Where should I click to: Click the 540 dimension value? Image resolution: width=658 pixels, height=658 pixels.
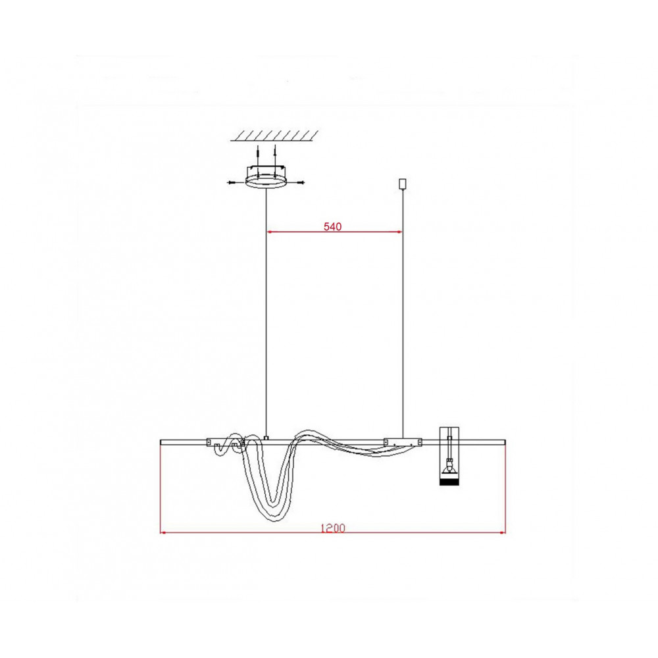click(332, 226)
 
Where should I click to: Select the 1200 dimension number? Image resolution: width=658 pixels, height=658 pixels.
click(333, 528)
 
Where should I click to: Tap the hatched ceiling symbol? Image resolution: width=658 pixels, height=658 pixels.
click(274, 135)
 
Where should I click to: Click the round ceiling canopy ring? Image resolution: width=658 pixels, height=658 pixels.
click(265, 182)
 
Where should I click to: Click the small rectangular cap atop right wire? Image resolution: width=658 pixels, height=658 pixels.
click(403, 184)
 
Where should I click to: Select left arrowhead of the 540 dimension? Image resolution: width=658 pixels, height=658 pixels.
click(270, 231)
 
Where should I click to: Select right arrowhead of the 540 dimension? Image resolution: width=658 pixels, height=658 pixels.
click(399, 231)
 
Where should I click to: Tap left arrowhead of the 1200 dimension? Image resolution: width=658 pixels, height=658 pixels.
click(164, 532)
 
